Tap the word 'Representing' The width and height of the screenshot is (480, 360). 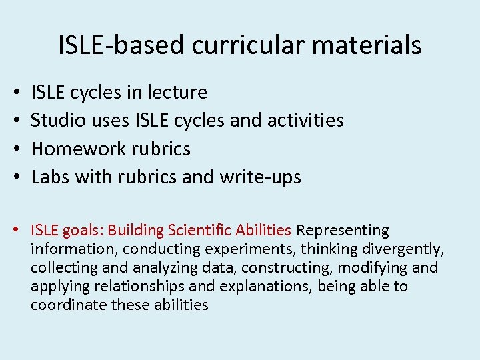(x=343, y=231)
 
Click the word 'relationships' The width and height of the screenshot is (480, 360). (x=124, y=287)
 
